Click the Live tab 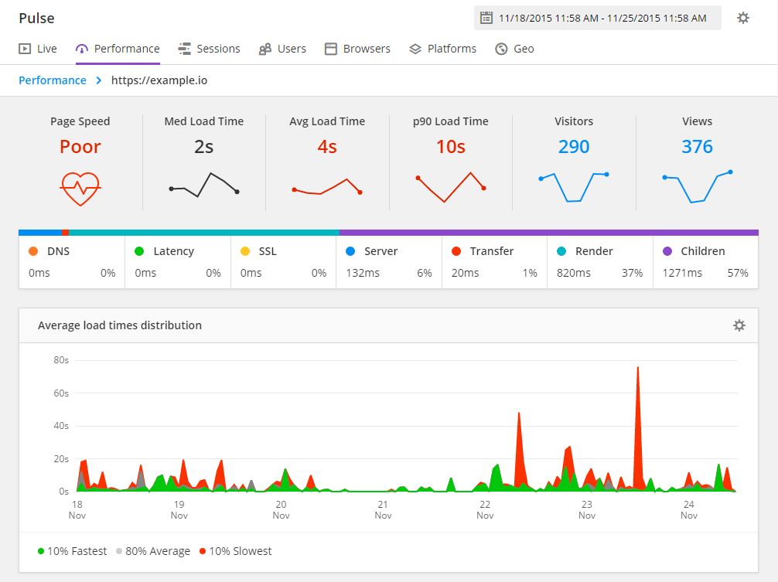[38, 49]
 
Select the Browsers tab [357, 49]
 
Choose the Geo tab [515, 49]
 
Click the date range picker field [597, 18]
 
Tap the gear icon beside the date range [743, 18]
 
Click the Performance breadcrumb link [53, 80]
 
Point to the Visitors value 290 [574, 147]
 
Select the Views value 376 [697, 147]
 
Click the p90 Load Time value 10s [451, 147]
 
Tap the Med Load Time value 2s [204, 147]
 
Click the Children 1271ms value [682, 273]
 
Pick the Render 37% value [633, 273]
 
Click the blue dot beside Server [350, 251]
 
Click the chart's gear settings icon [739, 325]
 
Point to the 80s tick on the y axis [61, 360]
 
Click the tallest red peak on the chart [637, 369]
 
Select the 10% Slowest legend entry [236, 551]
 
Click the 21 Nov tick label [383, 509]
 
